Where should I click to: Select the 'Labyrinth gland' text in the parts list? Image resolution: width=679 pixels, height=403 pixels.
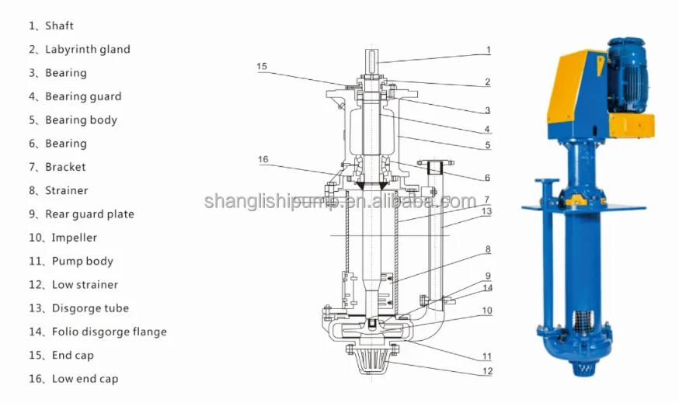pyautogui.click(x=79, y=49)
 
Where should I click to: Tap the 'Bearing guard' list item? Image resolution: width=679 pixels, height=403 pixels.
pyautogui.click(x=75, y=96)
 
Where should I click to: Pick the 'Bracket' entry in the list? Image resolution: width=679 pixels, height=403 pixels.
pyautogui.click(x=57, y=167)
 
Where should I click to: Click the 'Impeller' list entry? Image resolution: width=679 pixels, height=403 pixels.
pyautogui.click(x=63, y=238)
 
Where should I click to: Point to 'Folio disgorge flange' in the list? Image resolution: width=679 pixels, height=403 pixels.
pyautogui.click(x=98, y=332)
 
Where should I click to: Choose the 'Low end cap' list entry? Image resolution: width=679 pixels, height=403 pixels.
pyautogui.click(x=74, y=379)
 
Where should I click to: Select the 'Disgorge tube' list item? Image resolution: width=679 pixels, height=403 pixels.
pyautogui.click(x=78, y=308)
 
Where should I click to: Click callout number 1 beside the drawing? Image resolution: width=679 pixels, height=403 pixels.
pyautogui.click(x=489, y=50)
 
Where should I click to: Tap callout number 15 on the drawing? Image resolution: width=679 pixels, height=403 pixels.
pyautogui.click(x=262, y=67)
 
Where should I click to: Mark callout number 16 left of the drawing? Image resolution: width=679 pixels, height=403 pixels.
pyautogui.click(x=263, y=159)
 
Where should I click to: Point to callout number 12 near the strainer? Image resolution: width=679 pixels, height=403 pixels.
pyautogui.click(x=487, y=371)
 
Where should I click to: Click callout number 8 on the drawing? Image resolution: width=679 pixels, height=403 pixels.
pyautogui.click(x=488, y=249)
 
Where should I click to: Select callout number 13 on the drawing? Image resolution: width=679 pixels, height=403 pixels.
pyautogui.click(x=487, y=211)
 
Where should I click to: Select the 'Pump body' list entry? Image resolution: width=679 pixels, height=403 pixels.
pyautogui.click(x=71, y=261)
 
